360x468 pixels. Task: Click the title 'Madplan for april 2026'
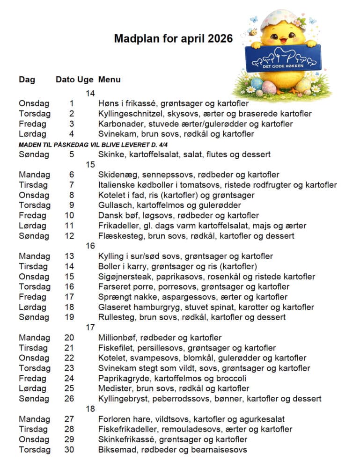pos(173,38)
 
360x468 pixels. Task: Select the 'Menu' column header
pos(109,80)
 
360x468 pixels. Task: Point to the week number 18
pos(90,409)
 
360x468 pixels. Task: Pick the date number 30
pos(69,450)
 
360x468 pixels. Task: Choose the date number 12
pos(69,236)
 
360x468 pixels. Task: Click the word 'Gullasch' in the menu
pos(114,205)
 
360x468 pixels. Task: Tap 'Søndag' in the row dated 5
pos(34,154)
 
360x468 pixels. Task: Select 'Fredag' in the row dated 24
pos(32,379)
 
